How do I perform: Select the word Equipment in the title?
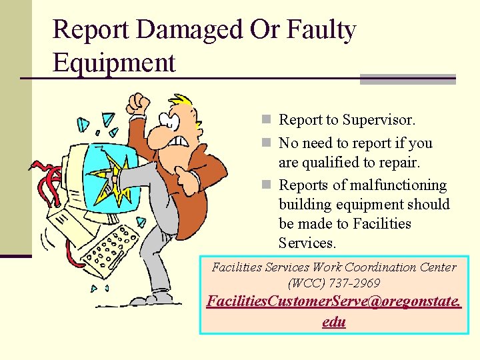click(114, 63)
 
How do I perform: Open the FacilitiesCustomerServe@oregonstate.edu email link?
click(333, 311)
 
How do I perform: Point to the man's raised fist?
click(139, 103)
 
